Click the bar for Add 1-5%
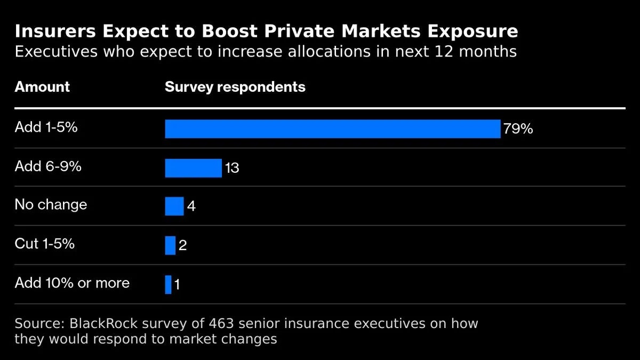coord(332,129)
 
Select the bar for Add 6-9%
coord(193,167)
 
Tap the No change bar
coord(174,206)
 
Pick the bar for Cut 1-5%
coord(170,245)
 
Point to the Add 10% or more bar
coord(168,284)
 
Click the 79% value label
coord(518,129)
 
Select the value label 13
coord(231,168)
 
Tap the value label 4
coord(191,206)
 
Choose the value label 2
coord(182,246)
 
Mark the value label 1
coord(177,285)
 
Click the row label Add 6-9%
coord(48,166)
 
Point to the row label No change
coord(51,205)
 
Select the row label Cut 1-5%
coord(45,244)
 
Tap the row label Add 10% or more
coord(72,283)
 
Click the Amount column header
coord(42,87)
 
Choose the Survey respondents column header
coord(235,87)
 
